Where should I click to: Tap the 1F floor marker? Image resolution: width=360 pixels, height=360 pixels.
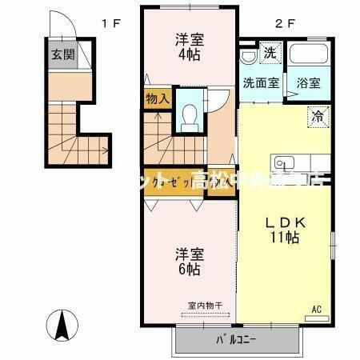110,23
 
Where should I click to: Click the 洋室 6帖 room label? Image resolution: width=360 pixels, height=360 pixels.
190,262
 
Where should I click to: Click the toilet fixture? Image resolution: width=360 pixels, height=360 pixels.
189,118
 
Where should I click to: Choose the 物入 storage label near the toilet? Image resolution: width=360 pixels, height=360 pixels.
158,98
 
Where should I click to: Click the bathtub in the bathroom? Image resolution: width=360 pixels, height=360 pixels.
310,57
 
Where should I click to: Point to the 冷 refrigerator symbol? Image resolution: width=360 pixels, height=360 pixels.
317,117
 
